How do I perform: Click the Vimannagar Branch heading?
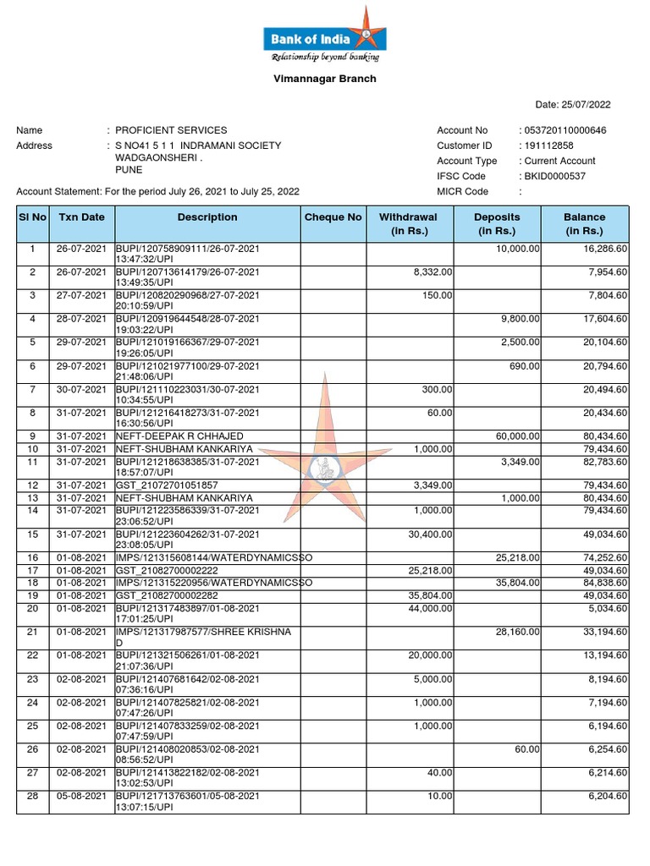pyautogui.click(x=325, y=79)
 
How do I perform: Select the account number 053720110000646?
pyautogui.click(x=565, y=130)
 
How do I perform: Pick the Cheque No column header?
pyautogui.click(x=333, y=217)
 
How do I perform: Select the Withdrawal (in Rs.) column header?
pyautogui.click(x=408, y=223)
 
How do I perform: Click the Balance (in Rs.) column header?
pyautogui.click(x=585, y=223)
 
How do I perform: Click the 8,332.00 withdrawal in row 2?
pyautogui.click(x=432, y=272)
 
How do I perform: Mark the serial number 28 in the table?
pyautogui.click(x=32, y=796)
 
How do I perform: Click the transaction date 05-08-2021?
pyautogui.click(x=81, y=796)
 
